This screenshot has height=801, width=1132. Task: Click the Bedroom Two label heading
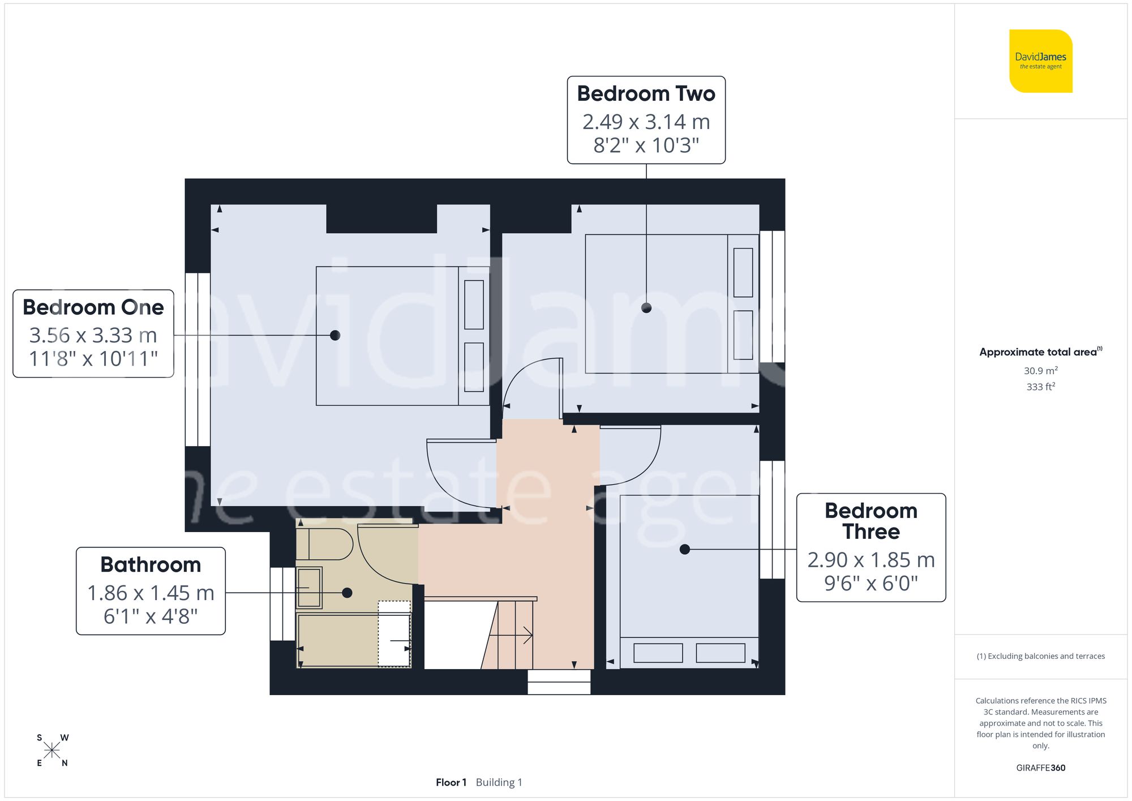tap(646, 94)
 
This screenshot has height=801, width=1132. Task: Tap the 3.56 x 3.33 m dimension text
tap(93, 335)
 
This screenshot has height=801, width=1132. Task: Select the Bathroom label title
tap(151, 564)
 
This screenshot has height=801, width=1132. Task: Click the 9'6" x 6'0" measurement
tap(871, 583)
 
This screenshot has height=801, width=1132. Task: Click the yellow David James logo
tap(1040, 61)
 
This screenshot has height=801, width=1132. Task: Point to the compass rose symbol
tap(52, 751)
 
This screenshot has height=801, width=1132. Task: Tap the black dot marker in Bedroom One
tap(335, 335)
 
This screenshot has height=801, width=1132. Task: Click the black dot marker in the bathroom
tap(347, 593)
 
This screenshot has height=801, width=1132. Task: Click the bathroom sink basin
tap(309, 588)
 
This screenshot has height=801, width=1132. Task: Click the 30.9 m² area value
tap(1040, 371)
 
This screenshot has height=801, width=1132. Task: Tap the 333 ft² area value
tap(1040, 387)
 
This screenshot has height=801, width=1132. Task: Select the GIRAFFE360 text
tap(1040, 768)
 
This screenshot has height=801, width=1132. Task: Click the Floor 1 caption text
tap(451, 782)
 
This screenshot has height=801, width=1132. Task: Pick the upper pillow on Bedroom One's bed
tap(474, 305)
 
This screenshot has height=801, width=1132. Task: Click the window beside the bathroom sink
tap(282, 603)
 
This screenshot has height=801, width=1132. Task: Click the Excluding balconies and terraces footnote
tap(1040, 656)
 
